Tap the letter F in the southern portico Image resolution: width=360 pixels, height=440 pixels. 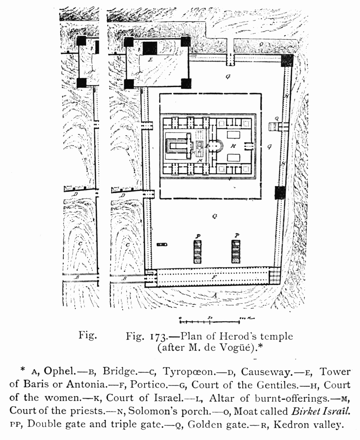click(x=214, y=278)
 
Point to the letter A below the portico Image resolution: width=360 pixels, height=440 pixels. click(x=215, y=296)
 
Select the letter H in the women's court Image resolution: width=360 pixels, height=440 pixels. click(x=234, y=145)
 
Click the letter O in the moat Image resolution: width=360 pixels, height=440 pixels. click(x=261, y=44)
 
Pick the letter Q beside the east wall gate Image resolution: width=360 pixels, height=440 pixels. click(x=276, y=119)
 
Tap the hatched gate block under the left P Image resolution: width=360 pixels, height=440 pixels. click(x=198, y=252)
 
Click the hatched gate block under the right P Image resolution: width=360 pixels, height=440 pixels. click(x=236, y=252)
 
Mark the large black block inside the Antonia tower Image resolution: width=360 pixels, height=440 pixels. click(x=150, y=48)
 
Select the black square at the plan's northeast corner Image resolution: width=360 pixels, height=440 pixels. click(x=287, y=59)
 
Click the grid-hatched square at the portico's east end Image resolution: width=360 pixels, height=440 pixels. click(x=274, y=277)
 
